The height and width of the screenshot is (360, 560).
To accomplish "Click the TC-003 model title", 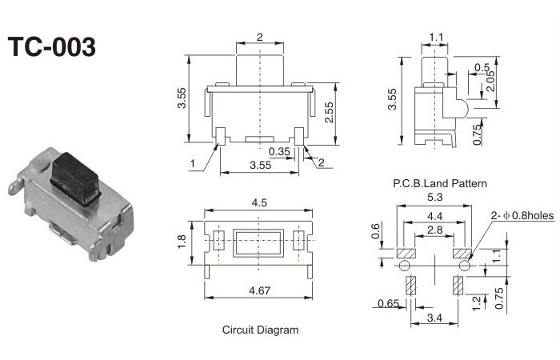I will coord(52,46).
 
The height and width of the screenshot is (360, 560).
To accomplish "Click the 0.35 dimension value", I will coord(279,151).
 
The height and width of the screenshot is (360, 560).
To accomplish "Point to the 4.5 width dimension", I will coord(259,203).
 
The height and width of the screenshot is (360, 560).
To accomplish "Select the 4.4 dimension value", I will coord(434,217).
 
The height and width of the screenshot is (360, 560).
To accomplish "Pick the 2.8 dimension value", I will coord(434,230).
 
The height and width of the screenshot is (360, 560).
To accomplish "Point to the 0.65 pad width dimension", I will coord(388,303).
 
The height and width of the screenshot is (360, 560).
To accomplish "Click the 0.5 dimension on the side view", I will coord(482,67).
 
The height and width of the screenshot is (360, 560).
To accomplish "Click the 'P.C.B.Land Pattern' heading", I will coord(439,183).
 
